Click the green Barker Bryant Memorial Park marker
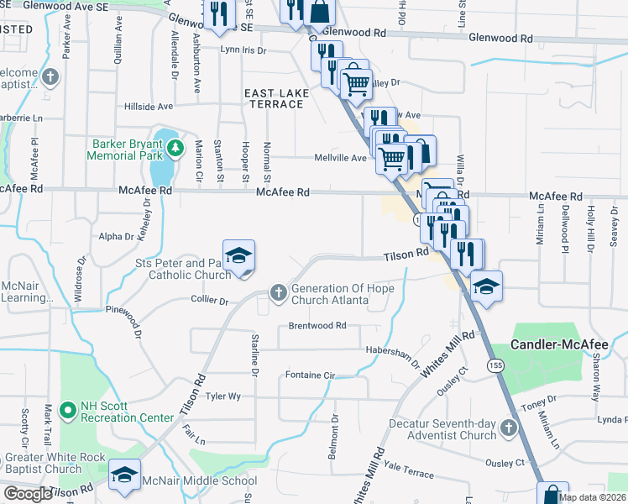pyautogui.click(x=175, y=149)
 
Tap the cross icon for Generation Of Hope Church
pyautogui.click(x=278, y=292)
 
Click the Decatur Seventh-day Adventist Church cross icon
pyautogui.click(x=507, y=429)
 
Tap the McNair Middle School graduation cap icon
pyautogui.click(x=124, y=476)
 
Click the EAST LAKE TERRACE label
pyautogui.click(x=273, y=97)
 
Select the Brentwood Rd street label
pyautogui.click(x=317, y=325)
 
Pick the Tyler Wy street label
pyautogui.click(x=223, y=396)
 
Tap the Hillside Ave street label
pyautogui.click(x=148, y=107)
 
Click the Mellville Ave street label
pyautogui.click(x=341, y=157)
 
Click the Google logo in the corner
pyautogui.click(x=28, y=494)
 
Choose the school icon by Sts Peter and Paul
pyautogui.click(x=238, y=255)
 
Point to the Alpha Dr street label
pyautogui.click(x=117, y=237)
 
